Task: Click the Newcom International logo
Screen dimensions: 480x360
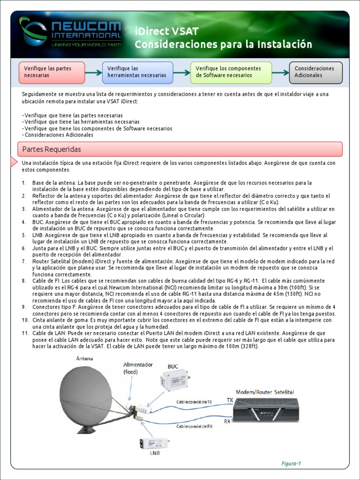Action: (70, 32)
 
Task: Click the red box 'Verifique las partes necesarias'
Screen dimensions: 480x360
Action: (52, 72)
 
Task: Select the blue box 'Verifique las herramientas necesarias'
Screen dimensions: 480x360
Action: (140, 72)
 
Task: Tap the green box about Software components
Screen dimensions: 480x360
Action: (231, 72)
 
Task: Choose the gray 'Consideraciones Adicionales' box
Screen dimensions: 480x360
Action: (315, 72)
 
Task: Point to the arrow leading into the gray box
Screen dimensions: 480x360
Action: (280, 73)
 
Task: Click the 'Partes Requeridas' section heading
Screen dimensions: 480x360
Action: (52, 149)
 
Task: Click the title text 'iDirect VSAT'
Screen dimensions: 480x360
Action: (166, 31)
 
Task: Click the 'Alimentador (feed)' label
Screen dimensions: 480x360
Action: (138, 368)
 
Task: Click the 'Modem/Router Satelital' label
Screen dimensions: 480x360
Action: (265, 391)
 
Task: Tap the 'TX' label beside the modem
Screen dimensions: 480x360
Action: (229, 400)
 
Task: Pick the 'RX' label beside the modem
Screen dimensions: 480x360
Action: (227, 421)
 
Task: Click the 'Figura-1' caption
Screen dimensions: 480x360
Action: (291, 464)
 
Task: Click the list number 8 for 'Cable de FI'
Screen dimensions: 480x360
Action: (24, 281)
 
